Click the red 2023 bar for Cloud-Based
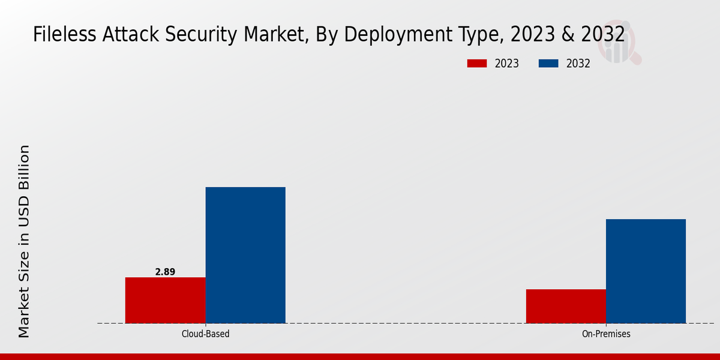click(x=165, y=300)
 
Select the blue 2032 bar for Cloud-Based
click(x=245, y=255)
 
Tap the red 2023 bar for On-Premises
click(x=566, y=306)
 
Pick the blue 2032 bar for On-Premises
click(x=646, y=271)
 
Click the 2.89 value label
click(x=165, y=272)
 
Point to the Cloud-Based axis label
click(x=205, y=334)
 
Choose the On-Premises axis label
click(x=606, y=334)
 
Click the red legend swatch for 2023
click(x=477, y=64)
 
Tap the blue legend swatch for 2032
click(x=549, y=64)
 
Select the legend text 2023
click(x=507, y=64)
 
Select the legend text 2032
click(x=578, y=64)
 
